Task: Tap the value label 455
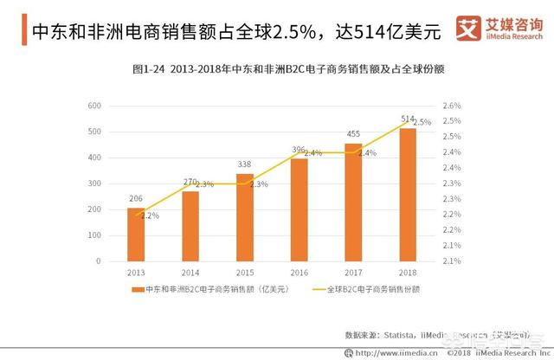353,134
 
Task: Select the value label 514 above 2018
409,119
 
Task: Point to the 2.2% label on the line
150,215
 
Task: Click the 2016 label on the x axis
299,272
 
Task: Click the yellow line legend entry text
367,289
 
